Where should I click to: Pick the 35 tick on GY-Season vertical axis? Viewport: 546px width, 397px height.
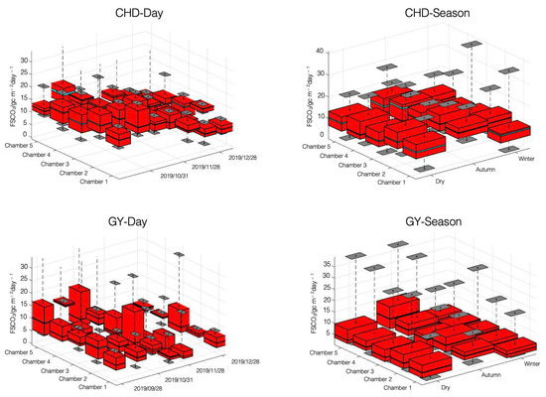(x=319, y=263)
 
